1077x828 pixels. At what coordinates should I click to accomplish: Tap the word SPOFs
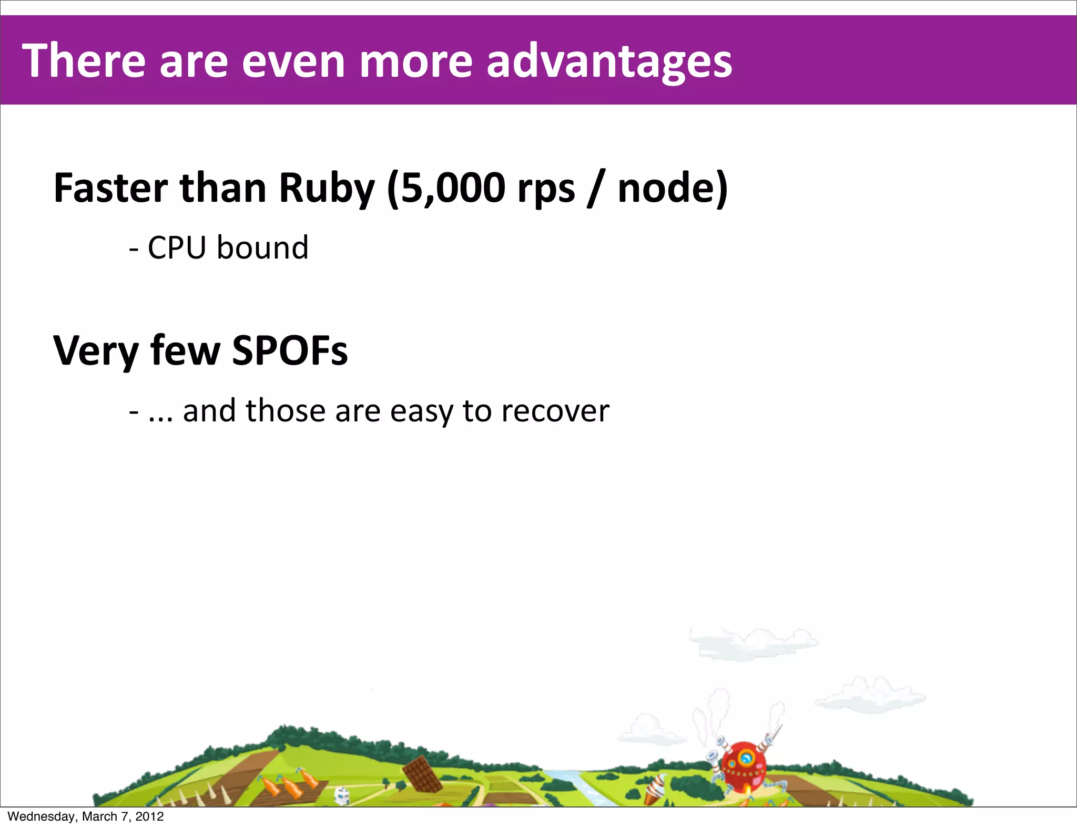[x=290, y=350]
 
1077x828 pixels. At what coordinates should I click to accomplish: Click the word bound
[x=262, y=247]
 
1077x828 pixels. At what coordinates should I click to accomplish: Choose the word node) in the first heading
[x=673, y=188]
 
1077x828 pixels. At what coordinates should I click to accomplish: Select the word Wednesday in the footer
[x=42, y=816]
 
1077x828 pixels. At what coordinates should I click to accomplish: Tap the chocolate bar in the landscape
[x=422, y=773]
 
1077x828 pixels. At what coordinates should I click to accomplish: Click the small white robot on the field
[x=342, y=795]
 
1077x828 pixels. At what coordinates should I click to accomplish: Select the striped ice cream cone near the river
[x=654, y=788]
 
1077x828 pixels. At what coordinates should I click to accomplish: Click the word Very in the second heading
[x=96, y=351]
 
